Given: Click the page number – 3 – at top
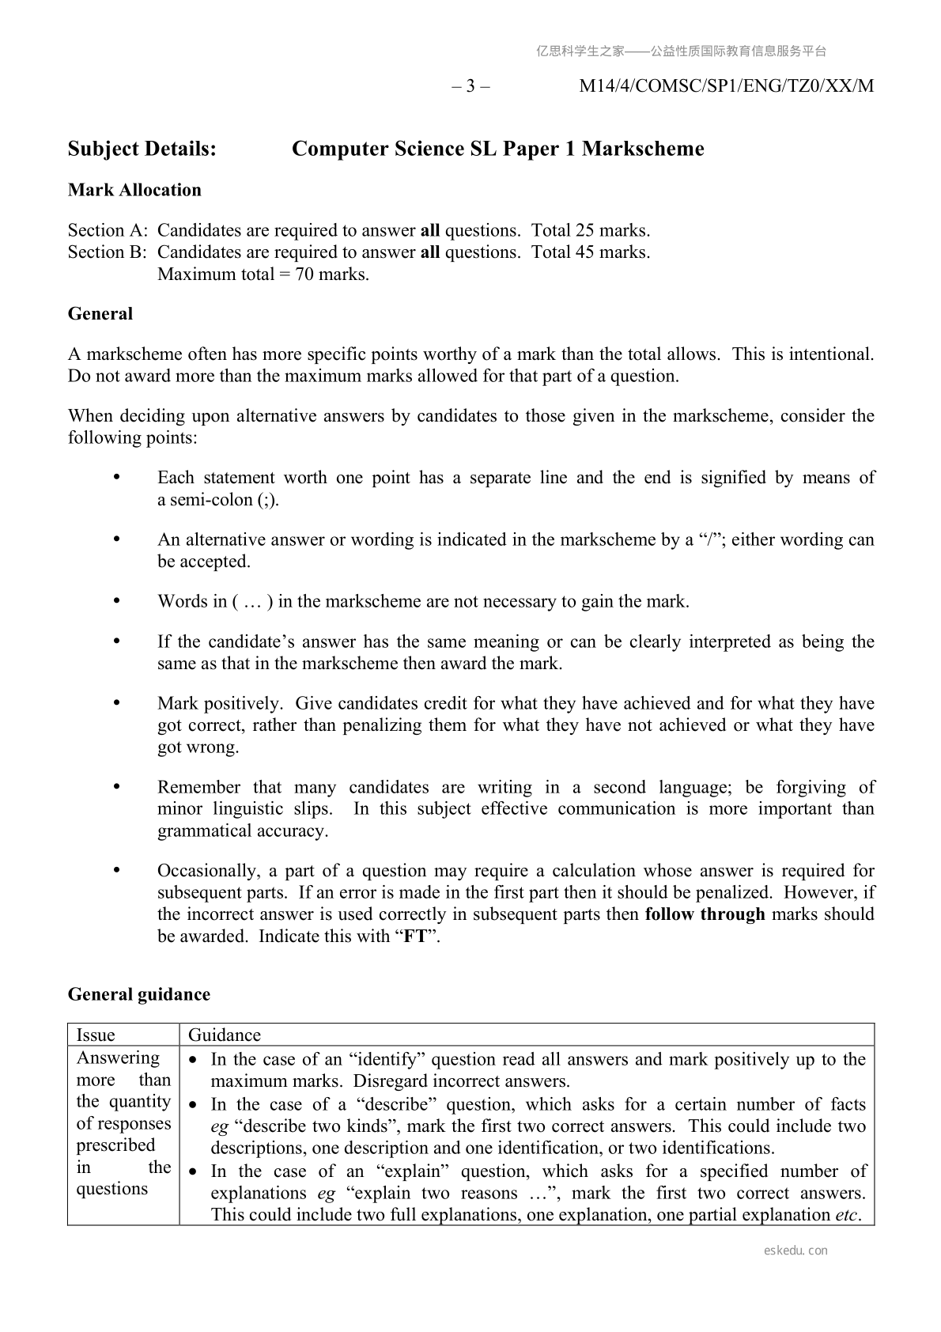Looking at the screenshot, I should (x=470, y=86).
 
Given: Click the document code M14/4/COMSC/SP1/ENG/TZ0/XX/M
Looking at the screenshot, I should (x=726, y=86).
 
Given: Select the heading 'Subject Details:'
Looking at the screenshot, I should (x=142, y=149).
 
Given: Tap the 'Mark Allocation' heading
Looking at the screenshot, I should (x=134, y=190).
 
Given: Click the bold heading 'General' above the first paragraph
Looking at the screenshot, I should (x=100, y=314).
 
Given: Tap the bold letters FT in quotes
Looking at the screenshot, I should (x=415, y=937).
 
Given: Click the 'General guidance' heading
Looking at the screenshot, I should (x=139, y=995).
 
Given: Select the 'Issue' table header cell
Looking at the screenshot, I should (x=96, y=1035).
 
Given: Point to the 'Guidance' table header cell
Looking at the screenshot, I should (x=225, y=1035).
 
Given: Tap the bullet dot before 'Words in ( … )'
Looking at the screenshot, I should (x=118, y=601).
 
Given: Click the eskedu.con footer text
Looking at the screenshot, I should (x=796, y=1251).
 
